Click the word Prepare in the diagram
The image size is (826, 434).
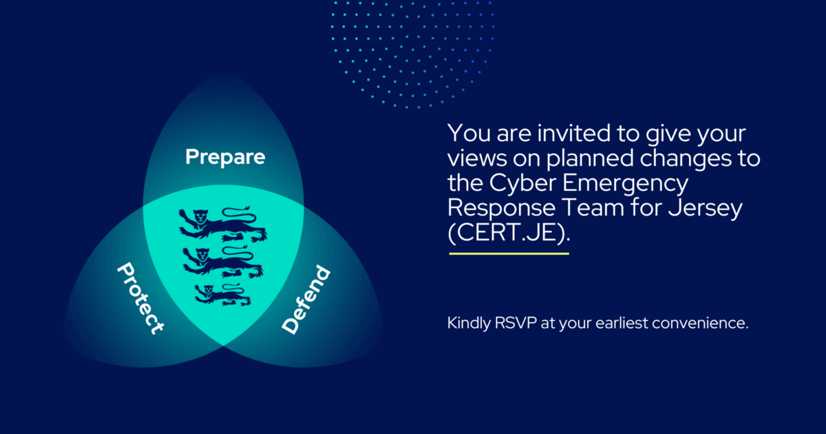coord(225,158)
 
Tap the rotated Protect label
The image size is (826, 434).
coord(140,298)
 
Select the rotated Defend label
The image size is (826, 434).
coord(306,300)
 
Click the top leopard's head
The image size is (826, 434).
coord(200,216)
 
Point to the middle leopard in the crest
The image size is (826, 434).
coord(223,262)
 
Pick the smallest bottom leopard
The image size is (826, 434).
coord(223,295)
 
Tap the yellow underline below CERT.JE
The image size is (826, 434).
coord(509,254)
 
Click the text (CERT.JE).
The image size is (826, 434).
coord(509,233)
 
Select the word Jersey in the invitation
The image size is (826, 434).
coord(706,209)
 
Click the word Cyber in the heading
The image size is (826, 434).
coord(522,183)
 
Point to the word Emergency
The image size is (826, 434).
coord(625,184)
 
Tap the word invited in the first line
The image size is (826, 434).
coord(573,133)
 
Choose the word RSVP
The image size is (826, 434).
coord(516,323)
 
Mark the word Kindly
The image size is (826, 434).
coord(469,324)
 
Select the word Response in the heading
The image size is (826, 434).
coord(502,209)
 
